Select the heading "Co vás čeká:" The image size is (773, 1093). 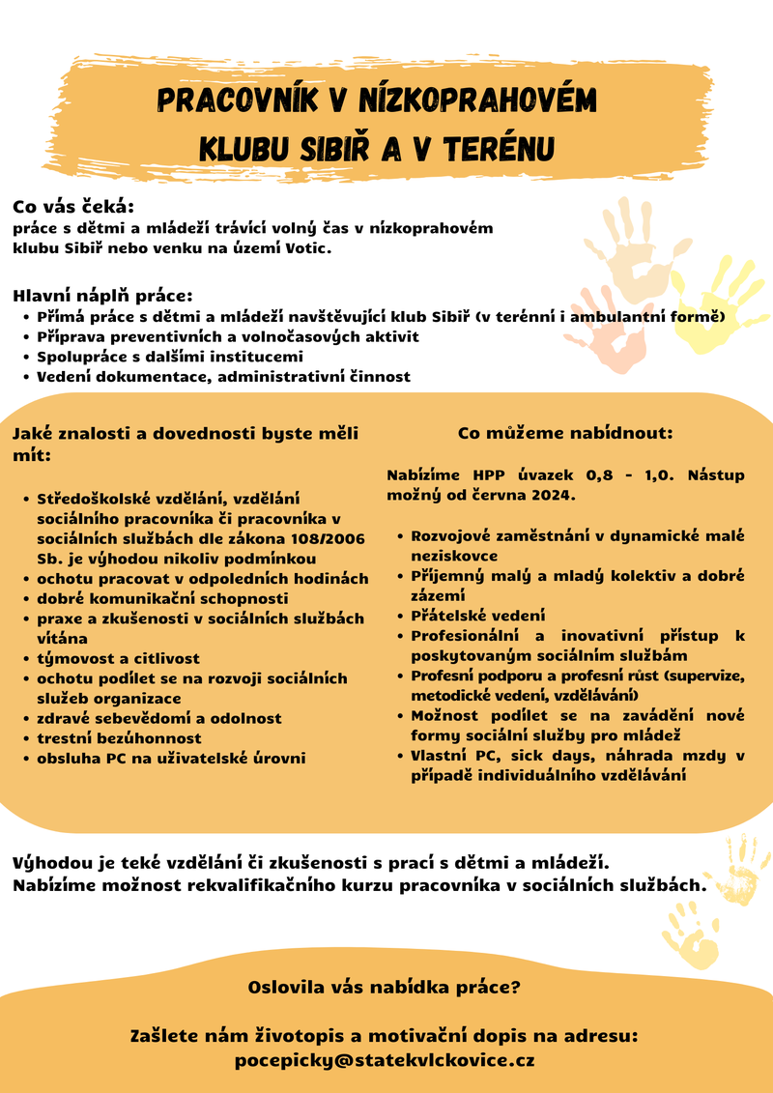[72, 207]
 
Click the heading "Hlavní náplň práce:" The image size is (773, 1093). [103, 295]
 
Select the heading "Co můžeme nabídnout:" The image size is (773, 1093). [565, 433]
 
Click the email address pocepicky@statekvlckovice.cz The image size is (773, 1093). [385, 1060]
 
